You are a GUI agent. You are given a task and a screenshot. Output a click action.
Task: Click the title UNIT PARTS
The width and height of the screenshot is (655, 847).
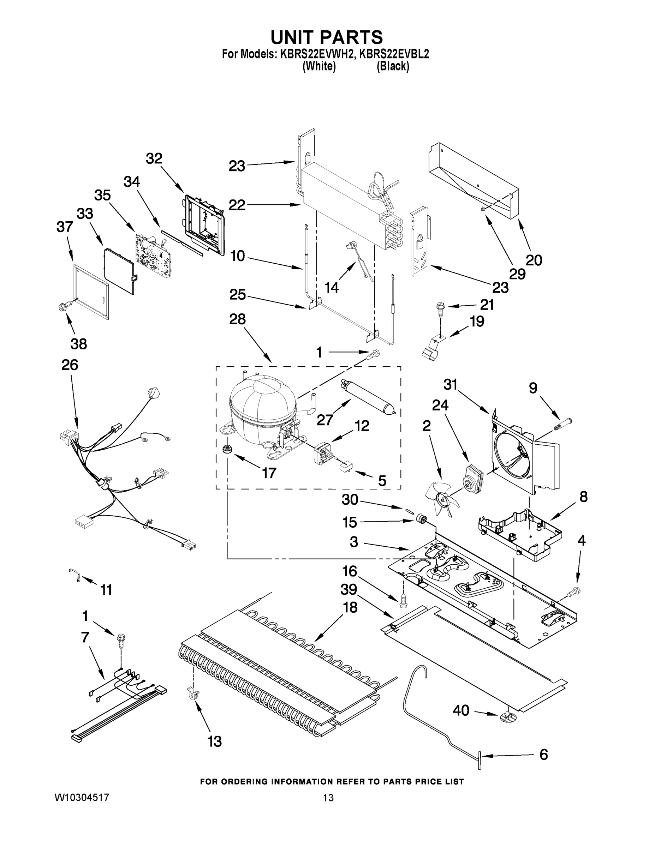326,38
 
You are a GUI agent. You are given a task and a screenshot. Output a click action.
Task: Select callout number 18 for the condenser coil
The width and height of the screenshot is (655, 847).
350,607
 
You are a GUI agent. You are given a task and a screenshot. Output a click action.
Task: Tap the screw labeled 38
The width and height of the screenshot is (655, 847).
62,307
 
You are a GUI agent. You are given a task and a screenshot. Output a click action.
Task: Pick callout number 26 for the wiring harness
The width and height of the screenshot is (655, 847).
70,365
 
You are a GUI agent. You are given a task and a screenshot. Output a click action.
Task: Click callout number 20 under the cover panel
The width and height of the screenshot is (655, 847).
534,260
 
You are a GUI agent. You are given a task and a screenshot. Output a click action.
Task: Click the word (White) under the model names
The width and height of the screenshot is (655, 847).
319,66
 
